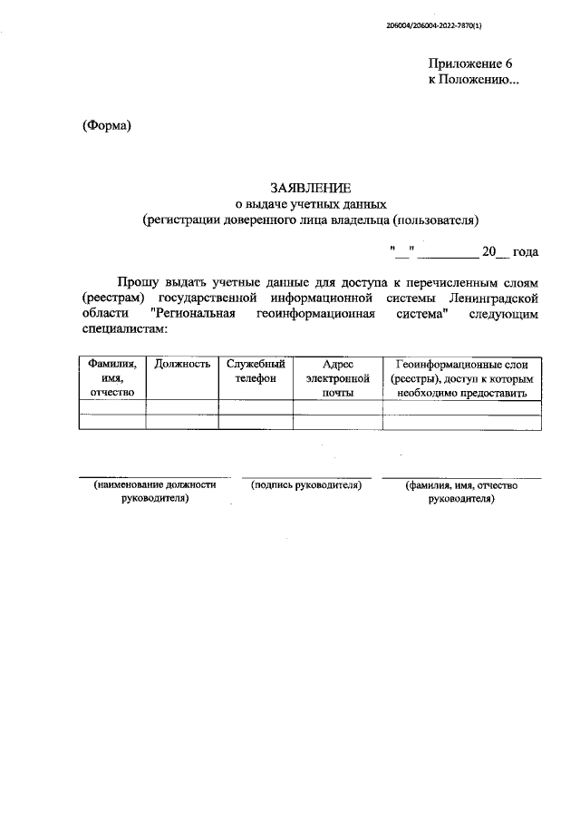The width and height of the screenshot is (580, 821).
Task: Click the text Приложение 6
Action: tap(470, 64)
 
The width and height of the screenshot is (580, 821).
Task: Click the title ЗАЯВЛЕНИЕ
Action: tap(309, 187)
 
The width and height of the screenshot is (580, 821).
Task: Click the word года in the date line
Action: tap(526, 251)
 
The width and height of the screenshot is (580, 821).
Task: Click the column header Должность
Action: tap(182, 364)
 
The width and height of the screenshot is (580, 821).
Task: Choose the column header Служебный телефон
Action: tap(256, 371)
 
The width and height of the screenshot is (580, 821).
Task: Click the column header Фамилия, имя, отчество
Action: tap(112, 378)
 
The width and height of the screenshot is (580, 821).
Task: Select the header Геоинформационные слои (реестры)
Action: tap(462, 378)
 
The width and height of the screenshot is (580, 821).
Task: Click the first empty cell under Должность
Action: tap(182, 407)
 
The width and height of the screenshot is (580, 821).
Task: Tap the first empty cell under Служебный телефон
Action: tap(256, 407)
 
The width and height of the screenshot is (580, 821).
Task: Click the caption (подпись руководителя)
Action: tap(306, 486)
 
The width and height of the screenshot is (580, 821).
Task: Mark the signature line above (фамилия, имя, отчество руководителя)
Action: tap(461, 477)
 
